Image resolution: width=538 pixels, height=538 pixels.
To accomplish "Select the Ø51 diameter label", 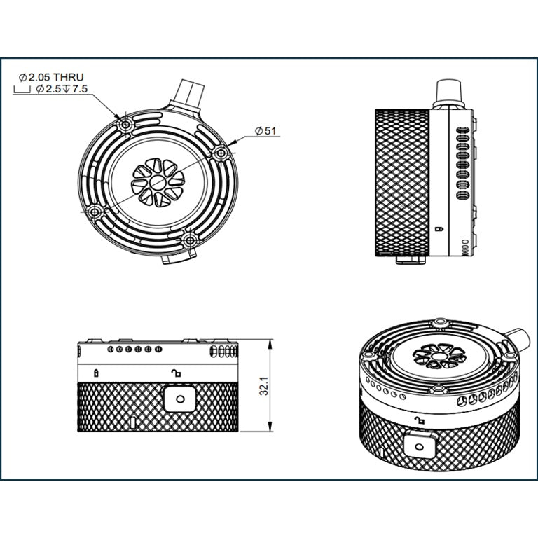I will point(268,131).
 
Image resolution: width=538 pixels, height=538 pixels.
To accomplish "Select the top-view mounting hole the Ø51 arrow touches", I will point(221,152).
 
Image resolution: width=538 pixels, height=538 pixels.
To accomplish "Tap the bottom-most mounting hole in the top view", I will point(188,240).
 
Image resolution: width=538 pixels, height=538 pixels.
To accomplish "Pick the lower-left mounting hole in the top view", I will point(95,212).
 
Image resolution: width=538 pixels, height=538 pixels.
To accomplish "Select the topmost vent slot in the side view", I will point(462,129).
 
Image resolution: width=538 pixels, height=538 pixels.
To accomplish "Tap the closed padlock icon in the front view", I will point(96,372).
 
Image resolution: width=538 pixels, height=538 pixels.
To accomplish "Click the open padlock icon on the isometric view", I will point(420,420).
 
